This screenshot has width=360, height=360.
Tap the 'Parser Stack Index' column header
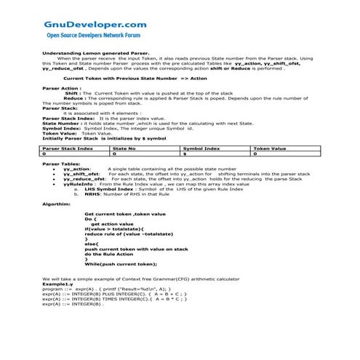pos(68,148)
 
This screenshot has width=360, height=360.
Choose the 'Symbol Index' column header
pos(201,148)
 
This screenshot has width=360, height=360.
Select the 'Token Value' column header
pos(269,148)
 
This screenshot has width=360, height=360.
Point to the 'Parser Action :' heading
pos(61,88)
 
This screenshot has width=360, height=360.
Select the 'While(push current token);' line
pos(121,263)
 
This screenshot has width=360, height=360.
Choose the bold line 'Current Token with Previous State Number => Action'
pos(126,77)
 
